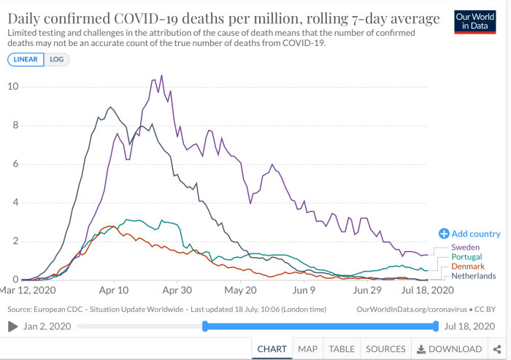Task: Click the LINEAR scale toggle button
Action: tap(26, 59)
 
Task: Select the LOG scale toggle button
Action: tap(57, 59)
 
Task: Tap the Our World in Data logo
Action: tap(474, 22)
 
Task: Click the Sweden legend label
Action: tap(466, 247)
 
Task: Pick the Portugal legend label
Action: tap(466, 257)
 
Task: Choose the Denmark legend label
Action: tap(468, 267)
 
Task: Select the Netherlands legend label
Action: tap(474, 276)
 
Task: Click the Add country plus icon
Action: tap(444, 234)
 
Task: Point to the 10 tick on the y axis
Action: tap(13, 86)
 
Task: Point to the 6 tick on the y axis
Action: tap(15, 164)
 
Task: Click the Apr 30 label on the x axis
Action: tap(177, 290)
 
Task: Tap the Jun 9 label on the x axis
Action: tap(304, 290)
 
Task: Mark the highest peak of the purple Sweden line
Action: tap(161, 76)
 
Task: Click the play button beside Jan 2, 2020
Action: tap(12, 326)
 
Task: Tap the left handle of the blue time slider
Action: tap(205, 326)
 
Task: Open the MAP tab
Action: tap(307, 349)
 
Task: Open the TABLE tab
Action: tap(342, 349)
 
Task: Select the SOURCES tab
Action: tap(386, 349)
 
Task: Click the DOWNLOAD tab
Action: tap(450, 349)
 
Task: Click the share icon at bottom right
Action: tap(497, 349)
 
